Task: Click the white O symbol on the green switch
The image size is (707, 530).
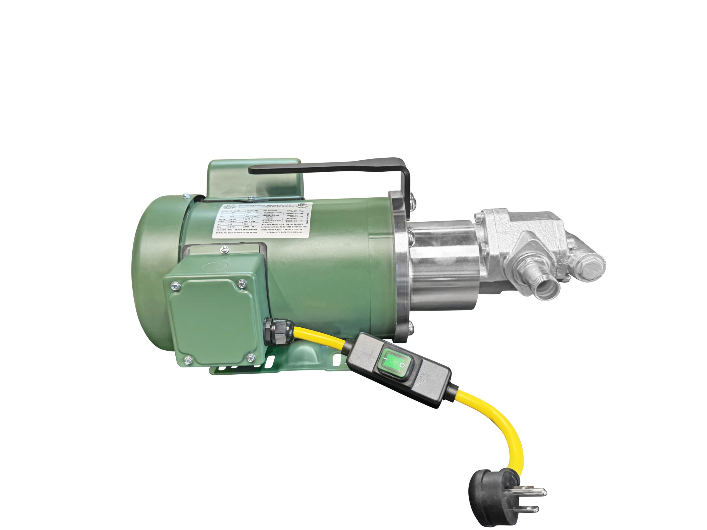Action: (402, 365)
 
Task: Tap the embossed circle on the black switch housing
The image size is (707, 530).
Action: (424, 377)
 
